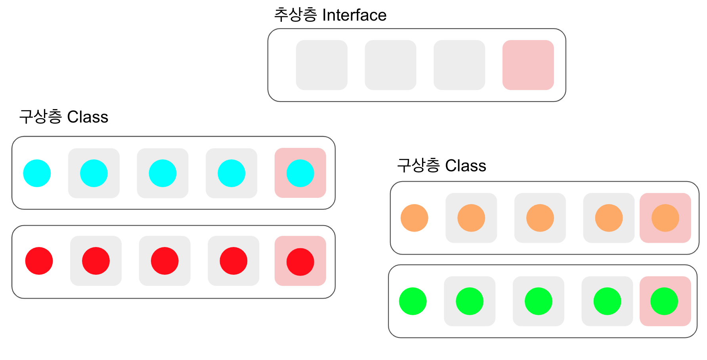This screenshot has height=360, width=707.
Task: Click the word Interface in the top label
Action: pyautogui.click(x=354, y=15)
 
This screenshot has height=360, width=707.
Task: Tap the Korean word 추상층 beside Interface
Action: pyautogui.click(x=295, y=15)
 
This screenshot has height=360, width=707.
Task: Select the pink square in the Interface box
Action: pyautogui.click(x=528, y=65)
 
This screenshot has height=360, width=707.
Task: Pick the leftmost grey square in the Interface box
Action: pyautogui.click(x=321, y=65)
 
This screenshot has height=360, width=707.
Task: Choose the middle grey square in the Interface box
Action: pyautogui.click(x=390, y=65)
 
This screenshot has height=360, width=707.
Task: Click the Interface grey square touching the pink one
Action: pyautogui.click(x=459, y=65)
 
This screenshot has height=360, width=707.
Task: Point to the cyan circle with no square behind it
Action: pyautogui.click(x=37, y=173)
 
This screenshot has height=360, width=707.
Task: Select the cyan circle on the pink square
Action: pyautogui.click(x=300, y=173)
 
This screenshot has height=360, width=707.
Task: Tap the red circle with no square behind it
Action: pyautogui.click(x=39, y=261)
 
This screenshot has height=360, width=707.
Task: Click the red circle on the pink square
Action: pyautogui.click(x=300, y=262)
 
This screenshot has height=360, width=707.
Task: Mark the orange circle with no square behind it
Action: pyautogui.click(x=414, y=218)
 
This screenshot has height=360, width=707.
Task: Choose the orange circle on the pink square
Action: pyautogui.click(x=665, y=218)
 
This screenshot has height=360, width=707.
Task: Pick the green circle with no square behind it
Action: pyautogui.click(x=413, y=301)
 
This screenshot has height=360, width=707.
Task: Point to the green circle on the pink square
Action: pyautogui.click(x=664, y=301)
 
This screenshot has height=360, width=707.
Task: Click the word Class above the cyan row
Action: pyautogui.click(x=88, y=117)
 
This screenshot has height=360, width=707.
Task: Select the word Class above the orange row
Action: pyautogui.click(x=466, y=166)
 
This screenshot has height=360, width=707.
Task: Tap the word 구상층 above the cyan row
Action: pyautogui.click(x=40, y=117)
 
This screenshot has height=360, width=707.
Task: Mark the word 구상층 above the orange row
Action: pyautogui.click(x=418, y=166)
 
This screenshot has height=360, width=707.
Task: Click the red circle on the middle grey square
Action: pyautogui.click(x=164, y=261)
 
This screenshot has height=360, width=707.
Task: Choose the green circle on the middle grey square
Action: pyautogui.click(x=538, y=301)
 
